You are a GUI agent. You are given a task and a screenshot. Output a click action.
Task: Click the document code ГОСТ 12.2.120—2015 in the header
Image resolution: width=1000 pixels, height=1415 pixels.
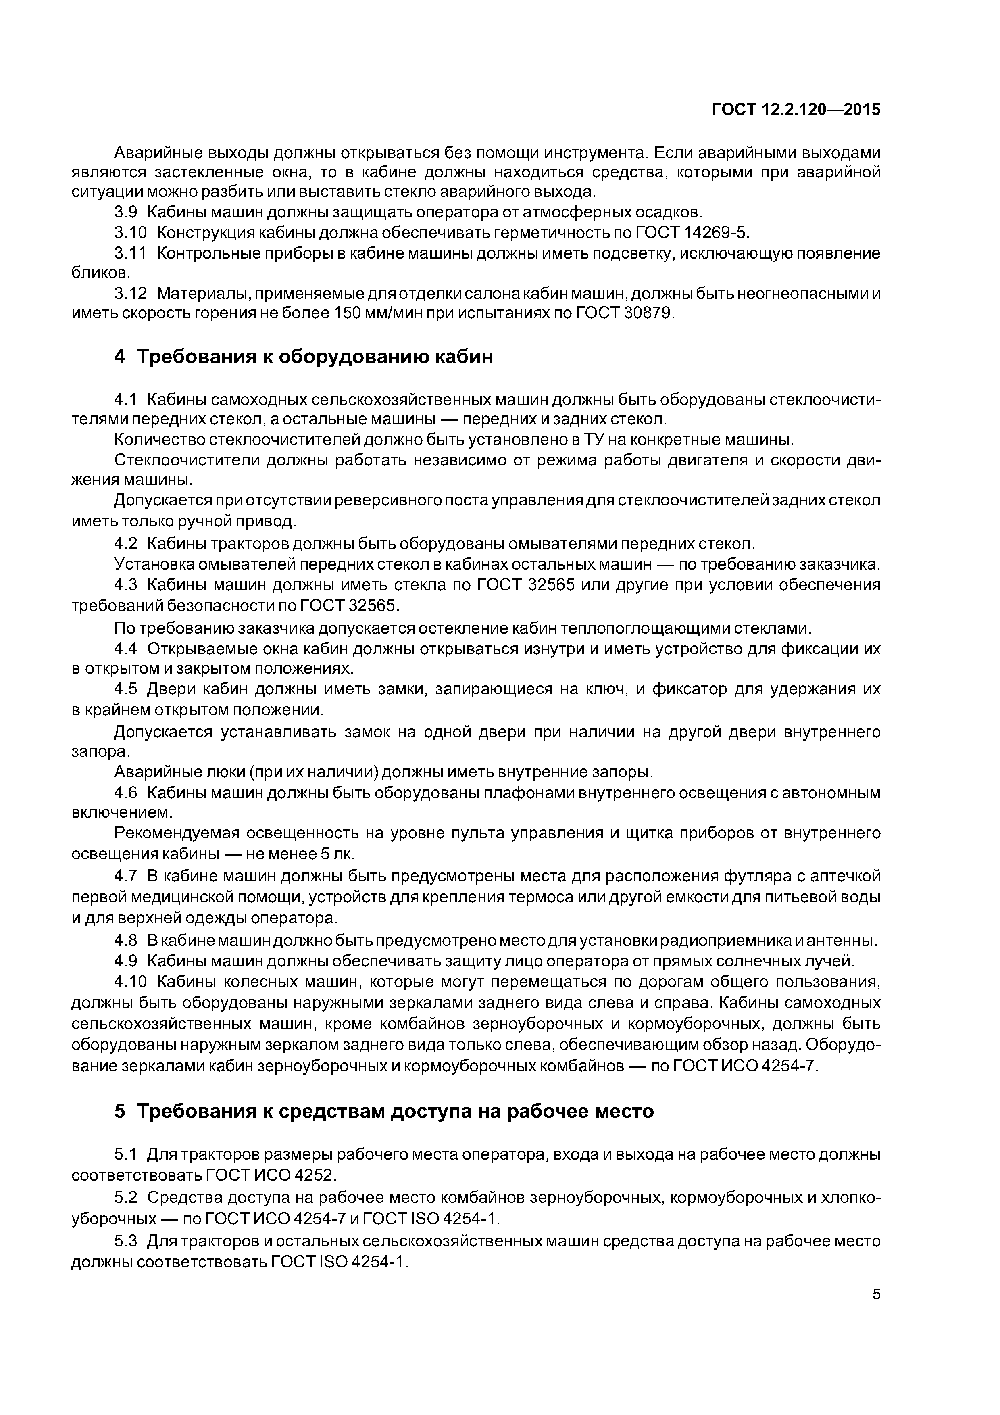coord(796,110)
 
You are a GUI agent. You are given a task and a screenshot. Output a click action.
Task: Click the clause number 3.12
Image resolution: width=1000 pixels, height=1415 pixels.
coord(131,293)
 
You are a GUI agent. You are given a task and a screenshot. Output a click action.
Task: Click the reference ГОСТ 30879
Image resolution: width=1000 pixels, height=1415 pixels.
coord(625,313)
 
